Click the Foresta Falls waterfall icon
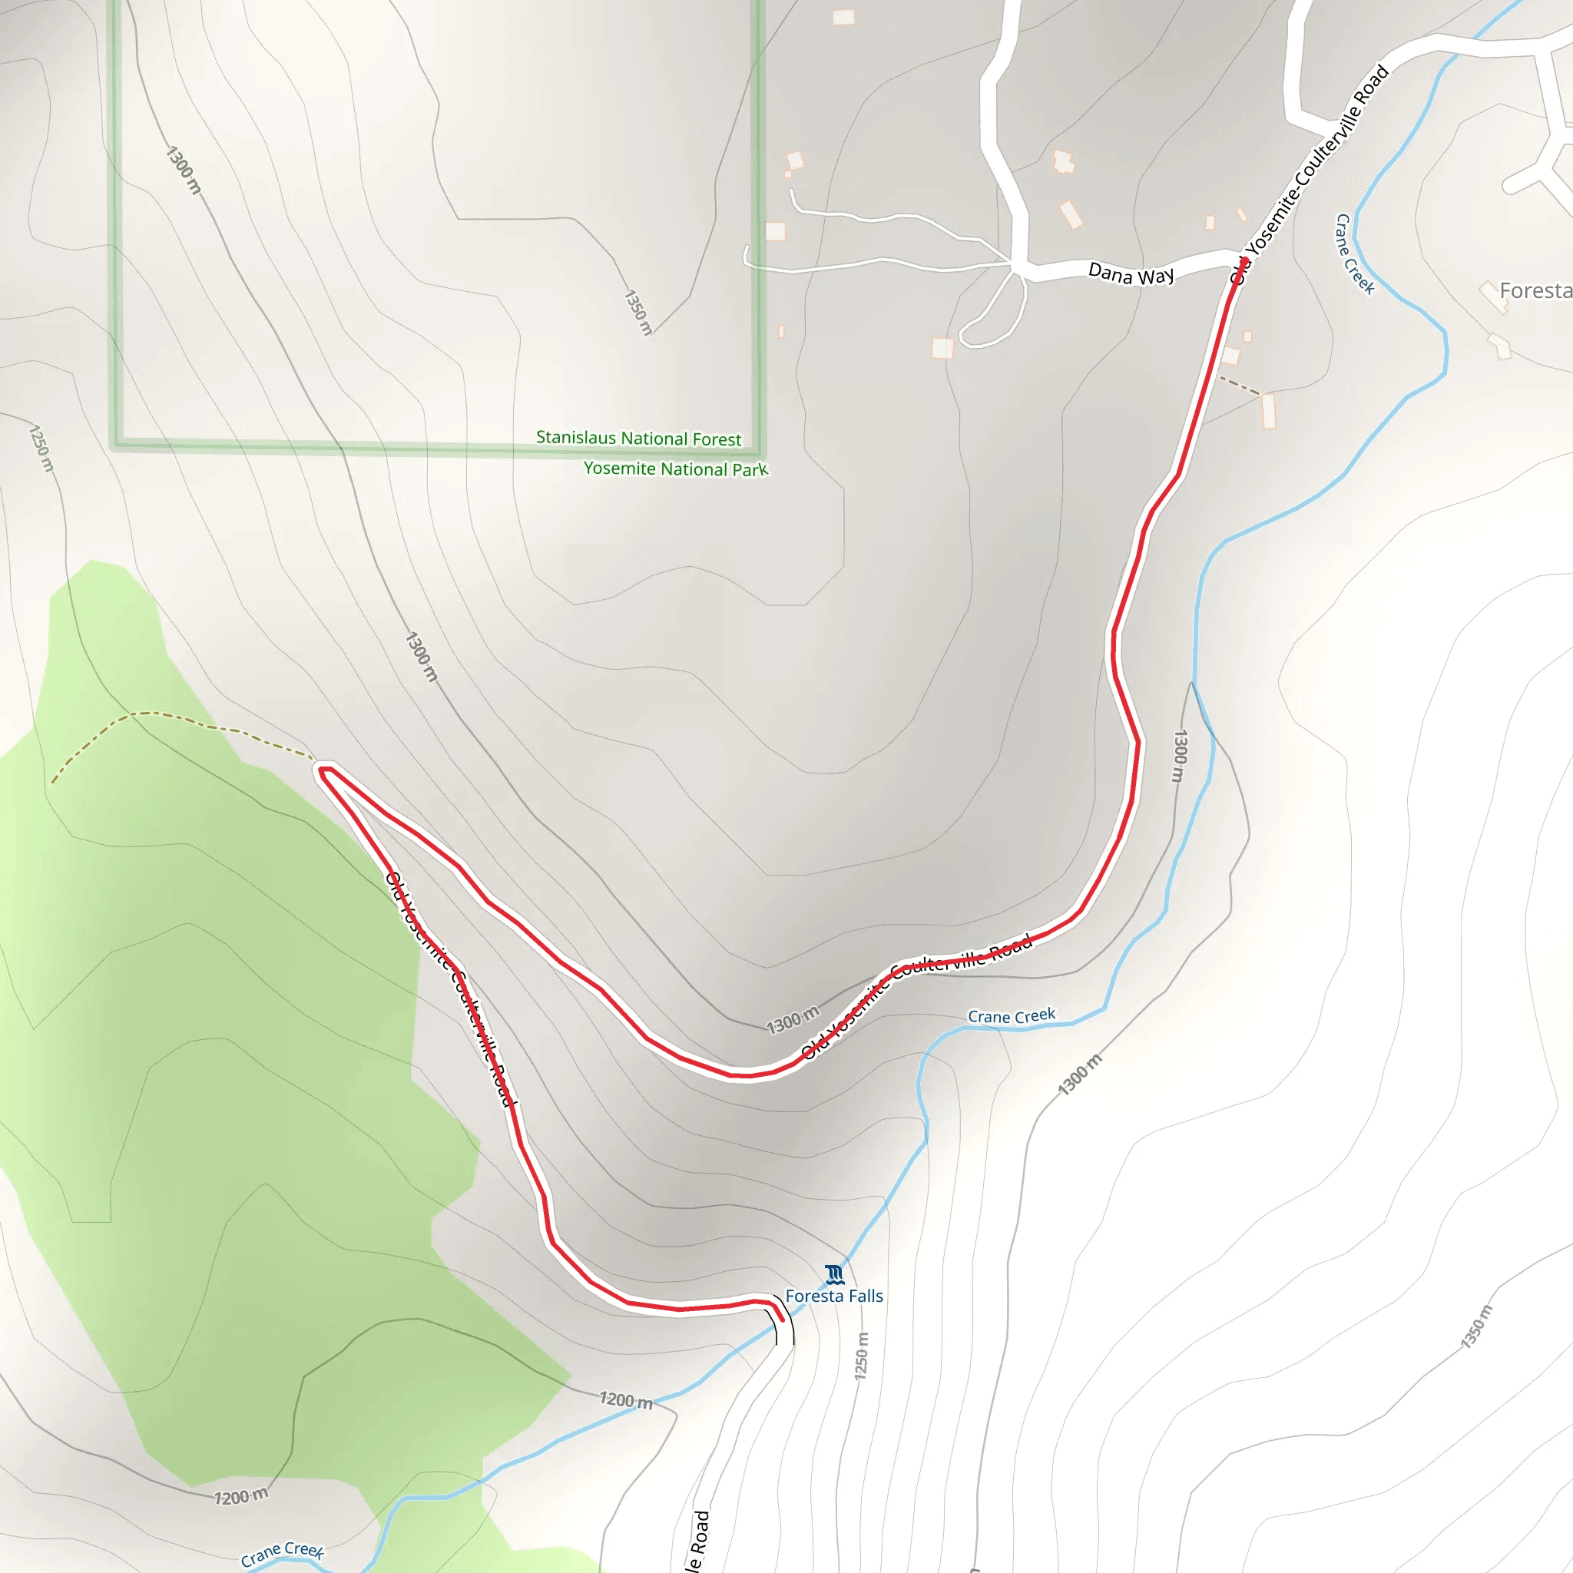833,1273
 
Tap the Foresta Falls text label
833,1296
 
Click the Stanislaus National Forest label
638,438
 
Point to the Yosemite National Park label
676,469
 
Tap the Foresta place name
1534,290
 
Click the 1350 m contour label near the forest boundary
638,312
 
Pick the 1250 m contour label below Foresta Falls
862,1356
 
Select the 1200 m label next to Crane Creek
626,1399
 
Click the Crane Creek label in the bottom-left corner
282,1554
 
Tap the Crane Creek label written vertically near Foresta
1355,254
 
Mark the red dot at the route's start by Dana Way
1244,261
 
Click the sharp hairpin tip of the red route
323,770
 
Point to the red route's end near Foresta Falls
781,1318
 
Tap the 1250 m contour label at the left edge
41,448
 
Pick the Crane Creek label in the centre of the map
1012,1016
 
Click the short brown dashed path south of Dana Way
1239,386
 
